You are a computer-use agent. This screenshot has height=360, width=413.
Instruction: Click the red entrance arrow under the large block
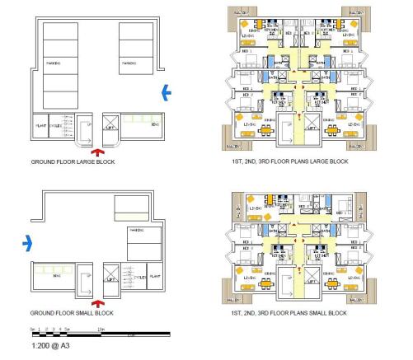[98, 152]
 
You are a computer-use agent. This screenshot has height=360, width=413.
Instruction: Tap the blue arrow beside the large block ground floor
[167, 93]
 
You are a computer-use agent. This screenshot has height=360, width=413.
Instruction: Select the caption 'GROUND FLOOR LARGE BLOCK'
[72, 162]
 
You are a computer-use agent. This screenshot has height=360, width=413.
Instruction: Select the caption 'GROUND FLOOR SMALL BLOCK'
[72, 314]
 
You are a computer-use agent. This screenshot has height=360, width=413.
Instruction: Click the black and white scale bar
[99, 334]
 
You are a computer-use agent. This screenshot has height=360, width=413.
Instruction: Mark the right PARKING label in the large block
[129, 62]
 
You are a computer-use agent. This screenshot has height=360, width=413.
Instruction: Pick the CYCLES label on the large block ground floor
[56, 126]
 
